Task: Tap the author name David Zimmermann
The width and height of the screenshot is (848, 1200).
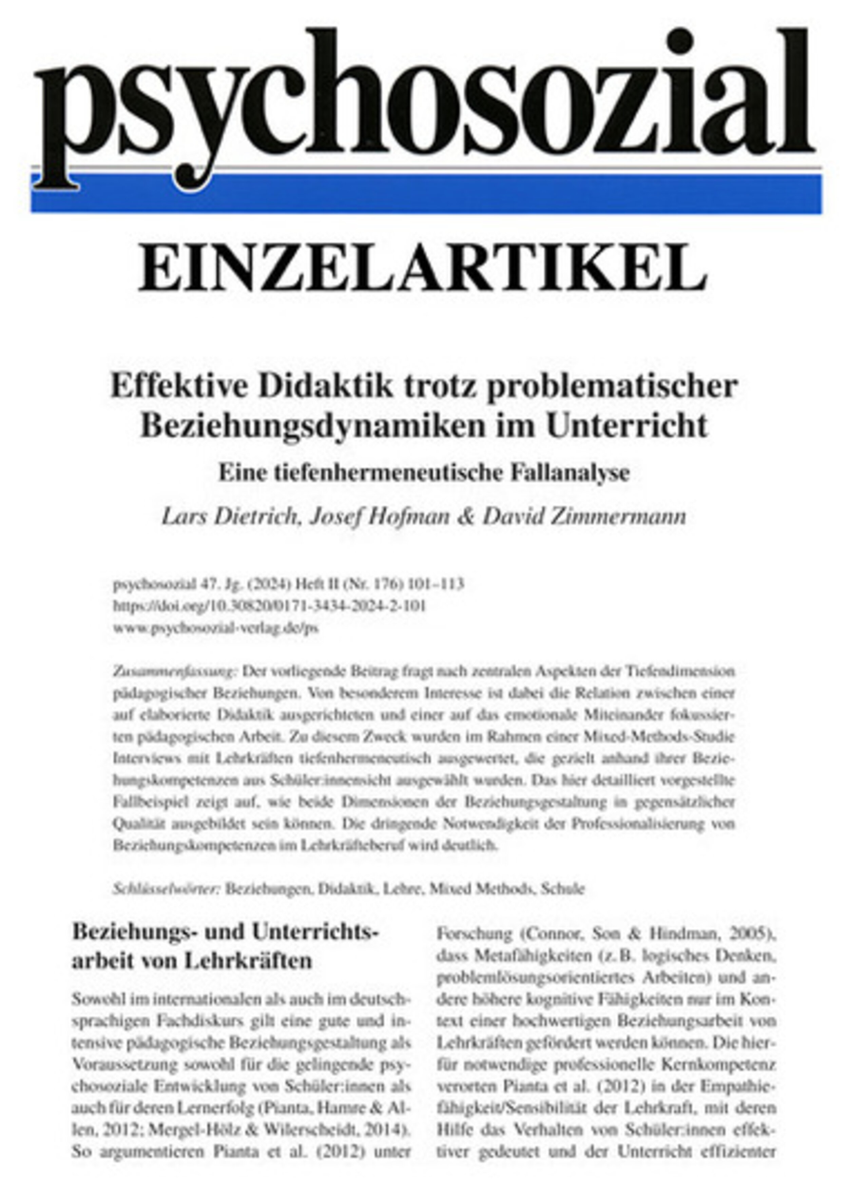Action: [584, 516]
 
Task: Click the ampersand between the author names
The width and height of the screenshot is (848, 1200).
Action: [464, 516]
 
